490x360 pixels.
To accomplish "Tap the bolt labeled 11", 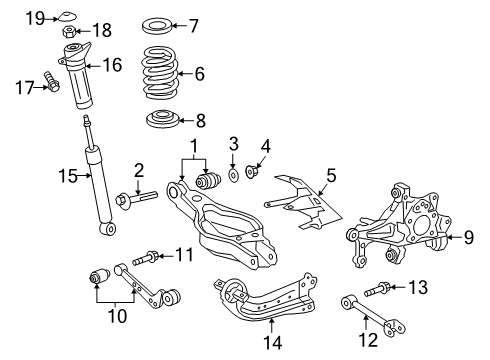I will point(142,257).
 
